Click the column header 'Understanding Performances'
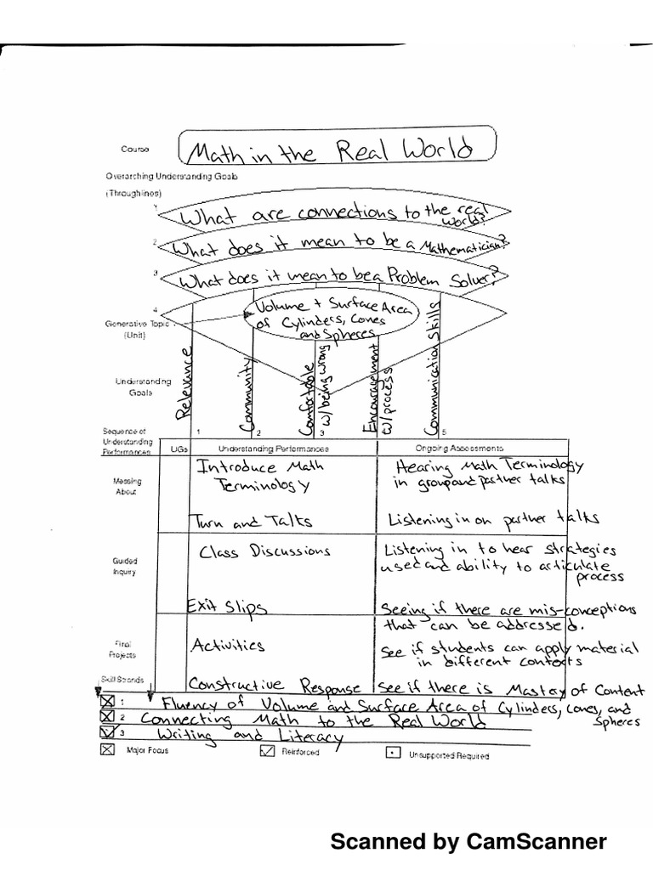point(273,448)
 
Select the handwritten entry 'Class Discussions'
point(264,551)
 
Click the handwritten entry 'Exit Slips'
point(229,607)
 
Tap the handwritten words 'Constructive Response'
point(279,685)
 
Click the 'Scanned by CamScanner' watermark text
point(468,842)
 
